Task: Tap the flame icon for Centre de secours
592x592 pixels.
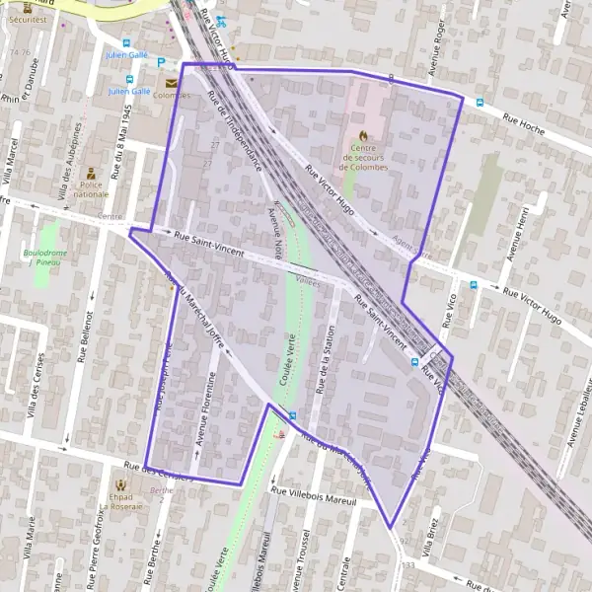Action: tap(363, 135)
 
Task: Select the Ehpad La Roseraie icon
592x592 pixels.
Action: tap(120, 485)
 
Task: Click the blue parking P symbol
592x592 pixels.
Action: tap(161, 62)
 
